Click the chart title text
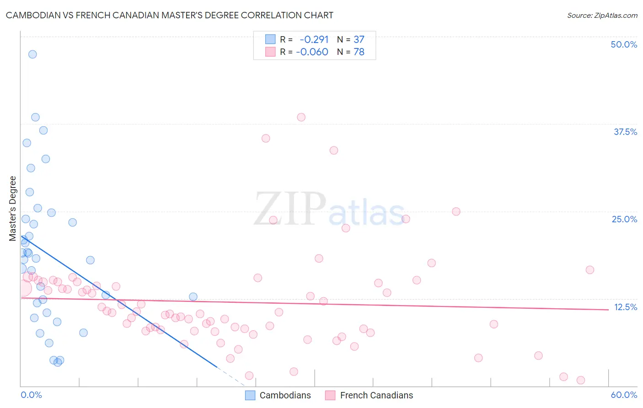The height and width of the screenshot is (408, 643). [169, 15]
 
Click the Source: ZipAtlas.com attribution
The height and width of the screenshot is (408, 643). [602, 15]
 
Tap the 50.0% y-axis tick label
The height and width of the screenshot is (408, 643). [624, 44]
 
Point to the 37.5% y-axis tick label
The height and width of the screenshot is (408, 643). [625, 132]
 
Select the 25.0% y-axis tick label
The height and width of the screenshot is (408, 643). [624, 219]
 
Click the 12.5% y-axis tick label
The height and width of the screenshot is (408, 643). [625, 307]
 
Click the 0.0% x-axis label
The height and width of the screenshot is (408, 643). [31, 395]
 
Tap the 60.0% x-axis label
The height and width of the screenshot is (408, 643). [624, 395]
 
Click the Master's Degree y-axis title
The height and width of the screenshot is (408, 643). [13, 208]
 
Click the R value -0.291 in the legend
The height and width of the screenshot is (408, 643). [314, 39]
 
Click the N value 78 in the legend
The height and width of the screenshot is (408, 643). [359, 52]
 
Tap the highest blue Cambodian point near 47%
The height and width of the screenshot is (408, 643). [32, 54]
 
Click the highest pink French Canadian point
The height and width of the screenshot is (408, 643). [301, 117]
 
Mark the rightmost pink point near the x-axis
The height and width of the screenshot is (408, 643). [581, 380]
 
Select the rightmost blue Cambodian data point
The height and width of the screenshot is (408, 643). [193, 297]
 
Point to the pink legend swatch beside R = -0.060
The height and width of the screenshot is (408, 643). [270, 52]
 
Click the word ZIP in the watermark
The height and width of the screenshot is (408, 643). [290, 209]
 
